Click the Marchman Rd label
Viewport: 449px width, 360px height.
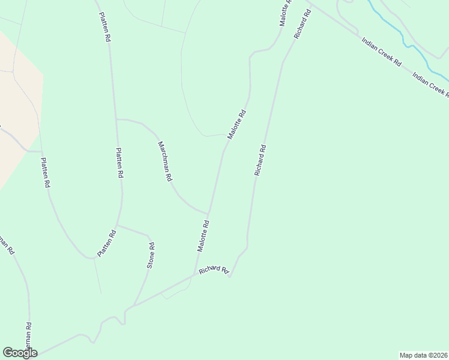[165, 161]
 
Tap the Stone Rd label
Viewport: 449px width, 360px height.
[151, 254]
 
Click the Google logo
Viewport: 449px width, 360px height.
[20, 352]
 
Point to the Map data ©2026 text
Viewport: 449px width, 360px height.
[423, 355]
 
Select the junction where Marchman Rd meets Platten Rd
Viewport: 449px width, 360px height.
[116, 119]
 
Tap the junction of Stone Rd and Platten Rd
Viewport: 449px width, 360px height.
[118, 226]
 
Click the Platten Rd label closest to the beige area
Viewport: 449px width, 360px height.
[44, 173]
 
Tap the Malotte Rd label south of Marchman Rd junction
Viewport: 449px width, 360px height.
[203, 236]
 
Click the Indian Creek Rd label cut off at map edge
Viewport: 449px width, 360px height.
[431, 83]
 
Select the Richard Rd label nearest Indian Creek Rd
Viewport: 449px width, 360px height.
[301, 25]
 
